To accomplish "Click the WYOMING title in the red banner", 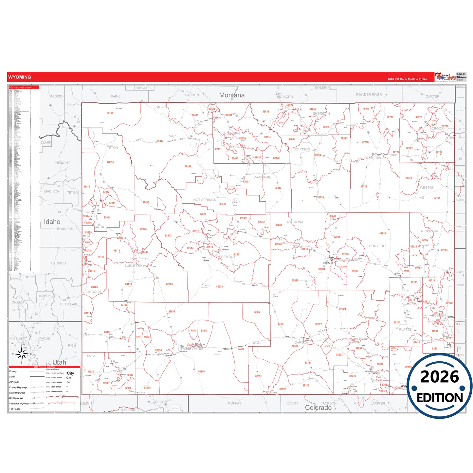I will [20, 77].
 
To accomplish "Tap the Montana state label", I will [232, 95].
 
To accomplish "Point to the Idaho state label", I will [52, 222].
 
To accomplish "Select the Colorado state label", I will [318, 408].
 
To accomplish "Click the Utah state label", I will [59, 362].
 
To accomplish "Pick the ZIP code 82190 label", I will [110, 113].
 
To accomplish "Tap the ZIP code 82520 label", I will [219, 287].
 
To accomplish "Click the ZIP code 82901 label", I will [201, 372].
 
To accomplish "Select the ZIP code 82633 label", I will [382, 234].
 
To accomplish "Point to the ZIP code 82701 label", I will [437, 198].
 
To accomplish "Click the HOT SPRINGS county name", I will [204, 200].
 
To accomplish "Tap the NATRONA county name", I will [295, 222].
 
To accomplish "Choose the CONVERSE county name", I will [378, 246].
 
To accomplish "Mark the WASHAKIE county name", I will [262, 177].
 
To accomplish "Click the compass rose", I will [22, 354].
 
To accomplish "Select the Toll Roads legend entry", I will [15, 409].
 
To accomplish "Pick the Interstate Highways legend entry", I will [19, 404].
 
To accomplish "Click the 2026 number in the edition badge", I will [440, 377].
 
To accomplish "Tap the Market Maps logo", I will [445, 77].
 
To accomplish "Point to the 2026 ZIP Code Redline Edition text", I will [408, 79].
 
